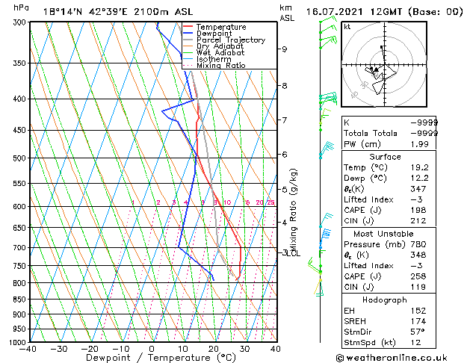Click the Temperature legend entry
click(x=221, y=27)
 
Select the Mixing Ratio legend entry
click(x=220, y=66)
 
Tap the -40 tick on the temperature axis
click(x=29, y=349)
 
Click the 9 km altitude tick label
click(x=285, y=49)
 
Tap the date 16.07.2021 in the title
click(x=333, y=11)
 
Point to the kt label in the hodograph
click(x=347, y=27)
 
